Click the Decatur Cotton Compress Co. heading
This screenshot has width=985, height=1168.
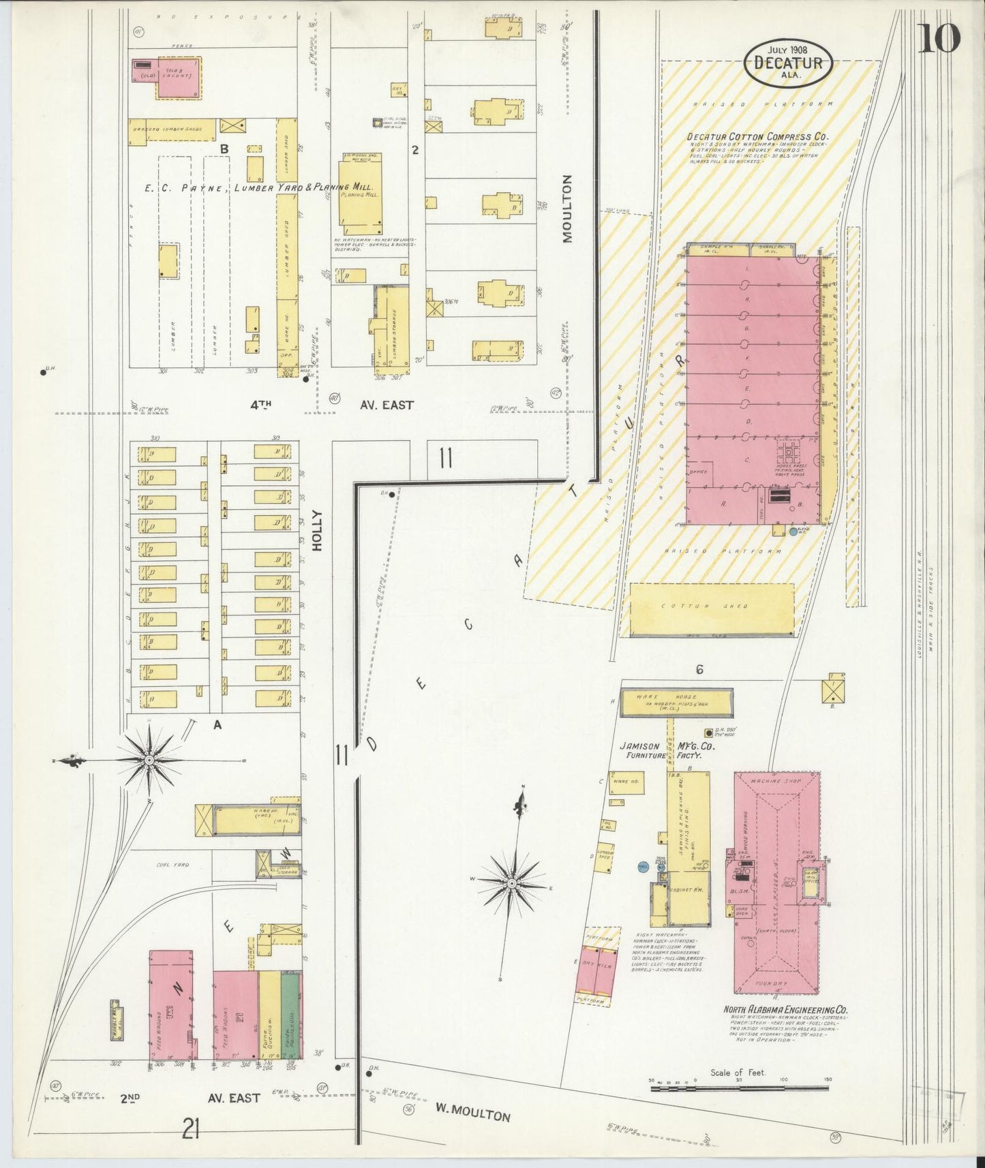click(x=757, y=136)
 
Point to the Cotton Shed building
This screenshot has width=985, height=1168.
click(x=712, y=609)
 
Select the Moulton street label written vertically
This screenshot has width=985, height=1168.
click(x=568, y=209)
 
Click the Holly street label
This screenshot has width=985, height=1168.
click(x=316, y=531)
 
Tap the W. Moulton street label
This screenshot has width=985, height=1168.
click(x=472, y=1114)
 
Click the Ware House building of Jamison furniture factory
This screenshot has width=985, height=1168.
click(x=676, y=701)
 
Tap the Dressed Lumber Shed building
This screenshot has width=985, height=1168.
click(x=172, y=132)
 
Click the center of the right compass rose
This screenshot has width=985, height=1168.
click(x=511, y=883)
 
